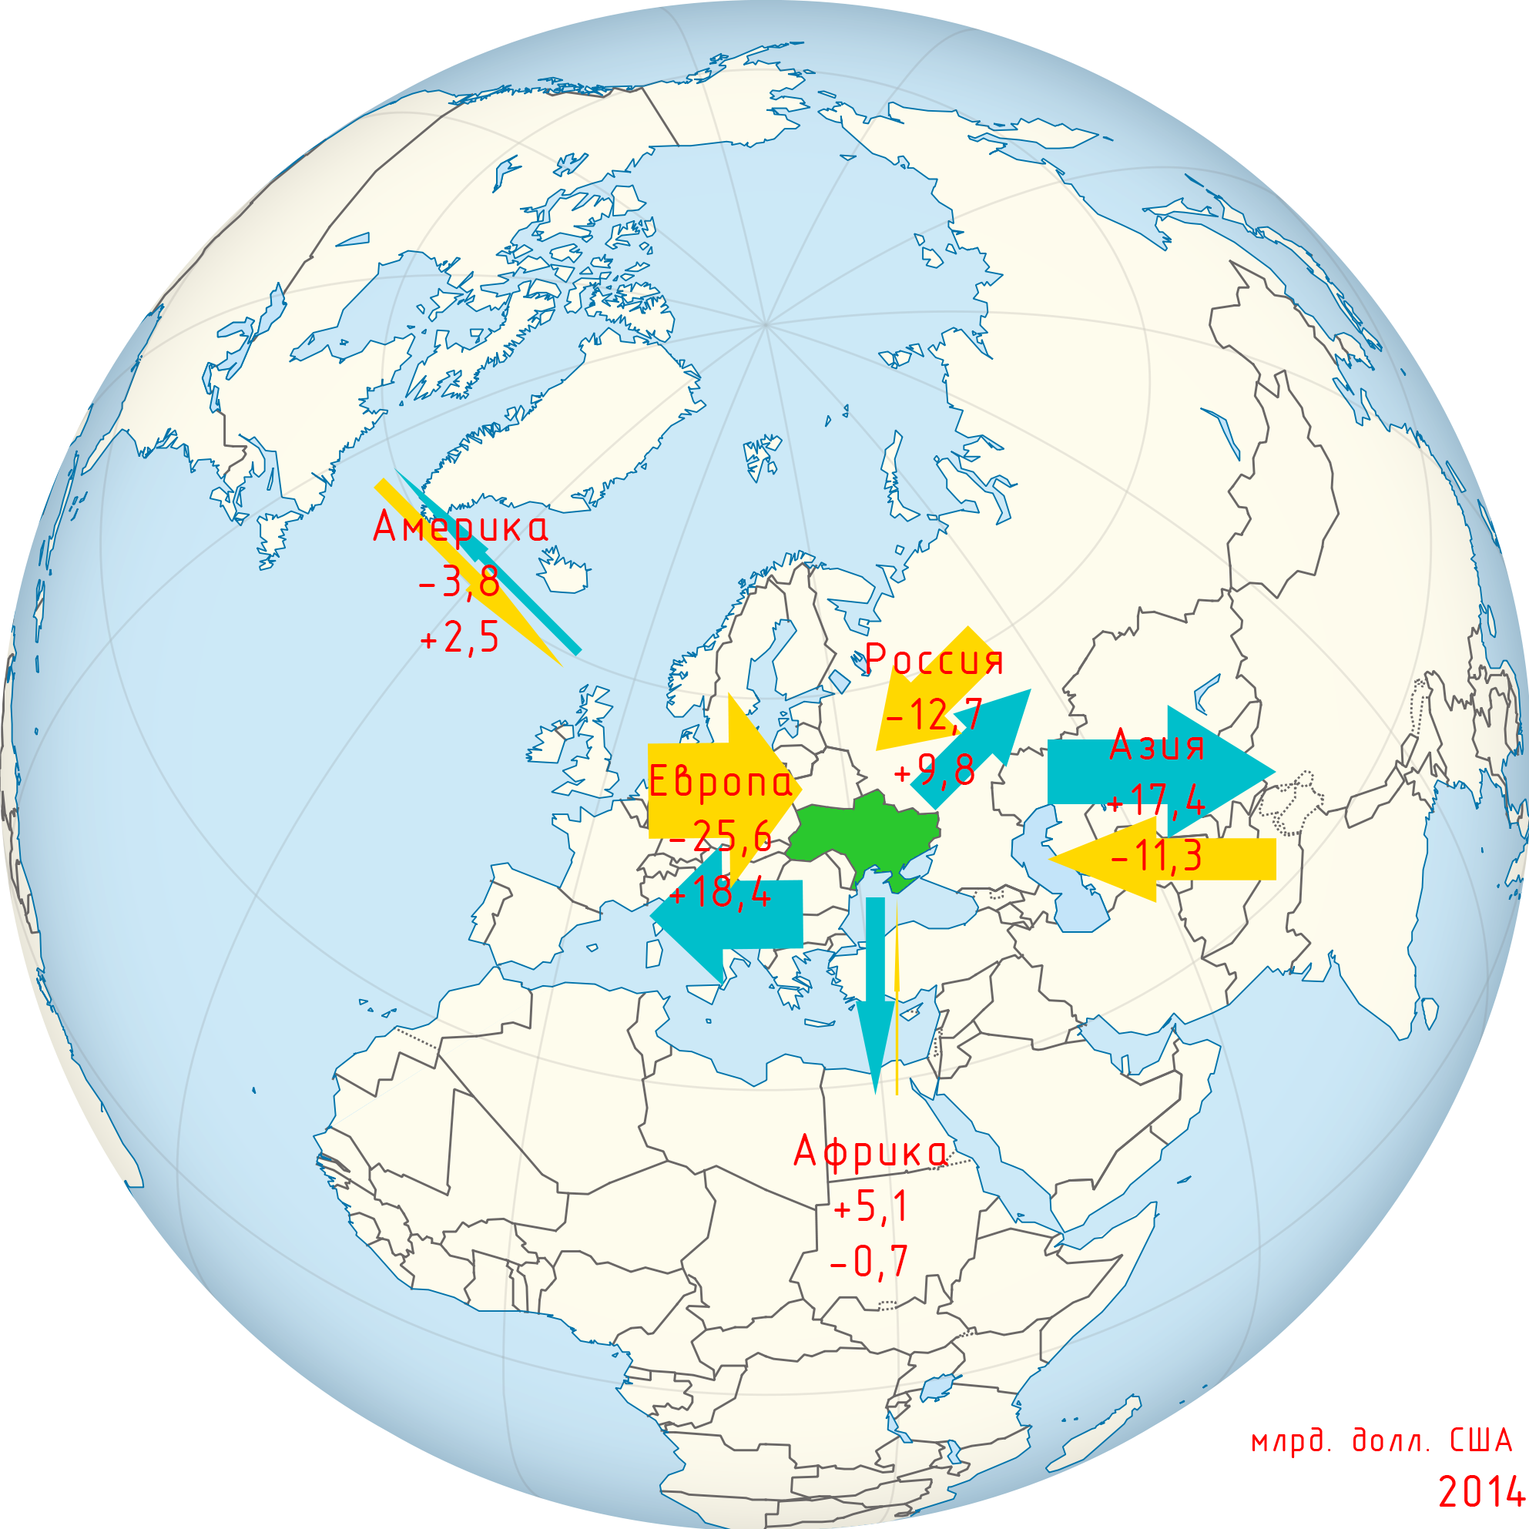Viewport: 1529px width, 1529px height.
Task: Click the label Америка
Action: point(460,528)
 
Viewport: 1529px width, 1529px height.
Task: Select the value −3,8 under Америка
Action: point(459,582)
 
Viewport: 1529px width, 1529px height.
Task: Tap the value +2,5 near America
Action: point(460,638)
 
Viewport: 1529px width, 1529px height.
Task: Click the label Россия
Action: point(934,660)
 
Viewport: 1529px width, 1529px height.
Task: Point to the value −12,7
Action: point(934,716)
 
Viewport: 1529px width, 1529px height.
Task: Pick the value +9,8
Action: point(934,770)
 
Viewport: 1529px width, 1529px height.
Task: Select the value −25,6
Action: point(720,837)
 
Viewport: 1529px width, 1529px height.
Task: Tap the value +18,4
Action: point(720,893)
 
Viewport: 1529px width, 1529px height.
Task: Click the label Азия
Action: point(1156,746)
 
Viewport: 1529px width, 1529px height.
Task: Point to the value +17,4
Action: point(1156,801)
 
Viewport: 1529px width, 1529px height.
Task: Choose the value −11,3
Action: point(1156,856)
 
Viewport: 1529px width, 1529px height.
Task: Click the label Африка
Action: point(870,1152)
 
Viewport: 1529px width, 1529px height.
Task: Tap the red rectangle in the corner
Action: point(1385,1467)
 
